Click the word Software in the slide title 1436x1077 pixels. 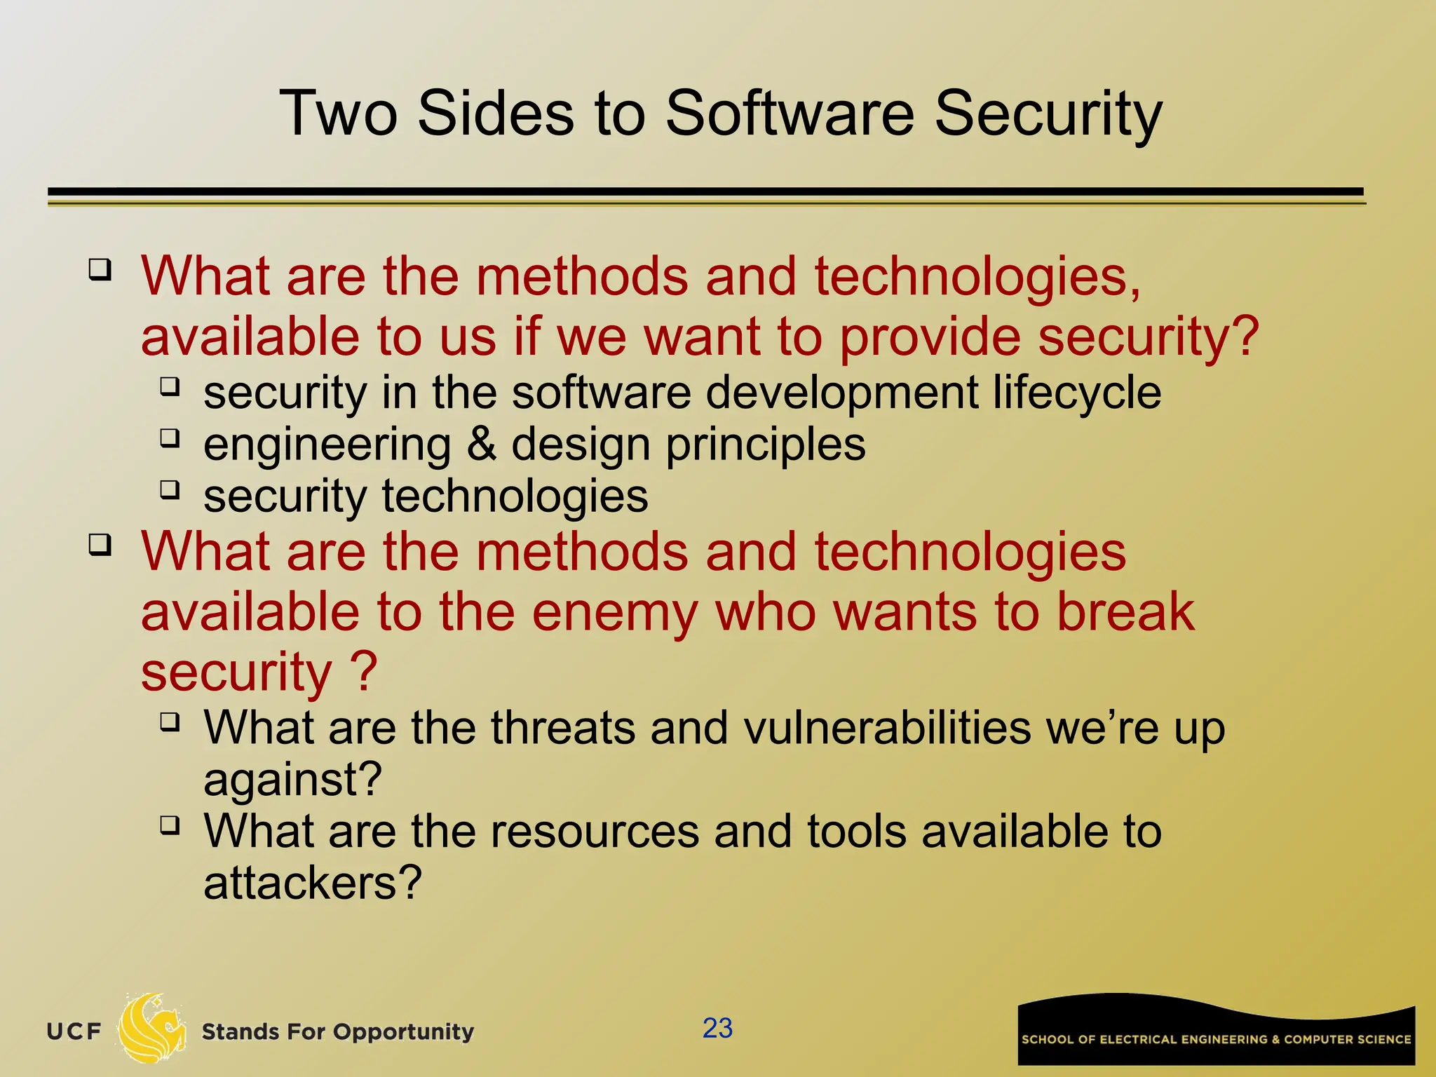[x=789, y=114]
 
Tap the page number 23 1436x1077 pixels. [x=717, y=1028]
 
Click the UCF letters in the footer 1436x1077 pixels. [x=74, y=1031]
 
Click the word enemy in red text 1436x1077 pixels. [x=614, y=612]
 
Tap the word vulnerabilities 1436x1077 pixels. [x=887, y=728]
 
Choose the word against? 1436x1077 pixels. [x=293, y=780]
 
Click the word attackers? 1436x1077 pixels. [x=313, y=883]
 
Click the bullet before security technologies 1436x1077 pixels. [x=170, y=489]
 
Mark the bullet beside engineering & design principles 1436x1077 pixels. [x=170, y=438]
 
